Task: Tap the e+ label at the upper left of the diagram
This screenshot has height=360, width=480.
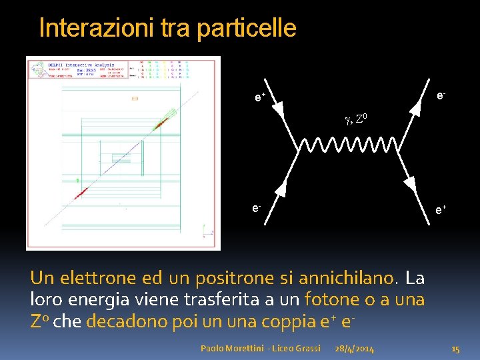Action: pyautogui.click(x=259, y=98)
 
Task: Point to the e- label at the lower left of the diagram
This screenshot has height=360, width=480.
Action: pyautogui.click(x=257, y=208)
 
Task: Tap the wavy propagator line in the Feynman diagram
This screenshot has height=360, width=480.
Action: pyautogui.click(x=347, y=145)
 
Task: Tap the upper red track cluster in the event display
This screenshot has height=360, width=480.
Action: pyautogui.click(x=161, y=123)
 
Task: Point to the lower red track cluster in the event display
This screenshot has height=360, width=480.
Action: pyautogui.click(x=81, y=193)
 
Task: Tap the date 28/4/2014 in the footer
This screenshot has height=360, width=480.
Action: pyautogui.click(x=355, y=349)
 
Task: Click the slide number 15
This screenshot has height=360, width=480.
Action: pyautogui.click(x=456, y=349)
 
